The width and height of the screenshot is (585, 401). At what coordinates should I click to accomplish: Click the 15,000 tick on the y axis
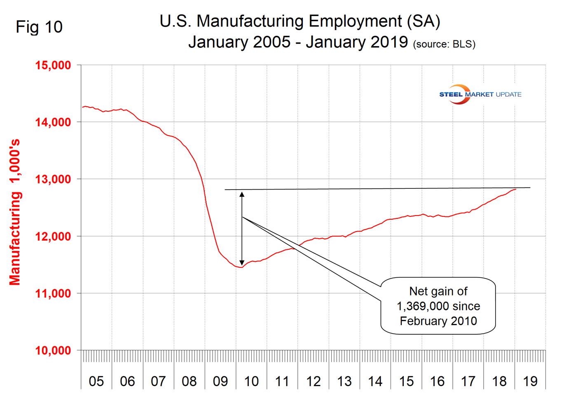[53, 65]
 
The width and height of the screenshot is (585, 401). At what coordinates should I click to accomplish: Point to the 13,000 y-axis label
[53, 179]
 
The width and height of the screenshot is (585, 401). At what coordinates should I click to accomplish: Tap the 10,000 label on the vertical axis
[53, 351]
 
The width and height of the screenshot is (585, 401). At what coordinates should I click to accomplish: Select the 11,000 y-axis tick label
[53, 293]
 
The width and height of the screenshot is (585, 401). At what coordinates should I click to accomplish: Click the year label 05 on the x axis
[96, 381]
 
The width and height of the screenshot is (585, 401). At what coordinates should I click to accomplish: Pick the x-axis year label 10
[251, 381]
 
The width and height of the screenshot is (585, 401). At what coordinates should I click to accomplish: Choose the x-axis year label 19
[530, 381]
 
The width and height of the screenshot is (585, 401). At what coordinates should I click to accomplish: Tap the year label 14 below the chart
[375, 381]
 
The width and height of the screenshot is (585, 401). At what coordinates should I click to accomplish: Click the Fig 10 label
[39, 27]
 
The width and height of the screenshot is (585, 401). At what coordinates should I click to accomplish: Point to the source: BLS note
[444, 44]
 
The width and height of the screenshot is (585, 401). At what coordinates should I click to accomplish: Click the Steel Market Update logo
[480, 94]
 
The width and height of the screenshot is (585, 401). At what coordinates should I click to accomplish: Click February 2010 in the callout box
[438, 321]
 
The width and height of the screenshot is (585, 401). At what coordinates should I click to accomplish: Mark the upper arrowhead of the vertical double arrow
[242, 195]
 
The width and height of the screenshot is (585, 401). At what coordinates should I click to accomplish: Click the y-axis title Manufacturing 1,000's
[15, 212]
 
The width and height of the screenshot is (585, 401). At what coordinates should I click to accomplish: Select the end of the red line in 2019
[516, 189]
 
